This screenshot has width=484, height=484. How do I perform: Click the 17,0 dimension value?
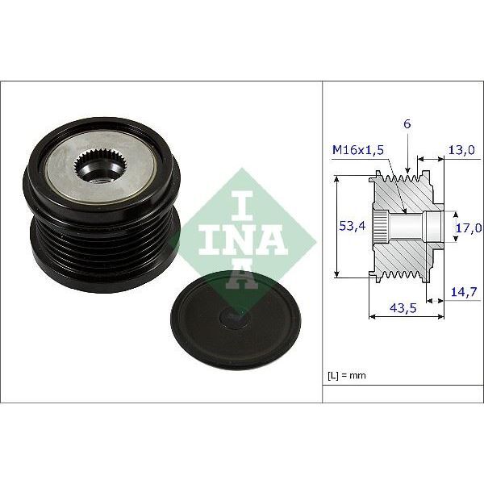(466, 227)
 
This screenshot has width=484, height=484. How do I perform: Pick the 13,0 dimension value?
(462, 151)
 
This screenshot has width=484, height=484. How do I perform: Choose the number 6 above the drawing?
(407, 125)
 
